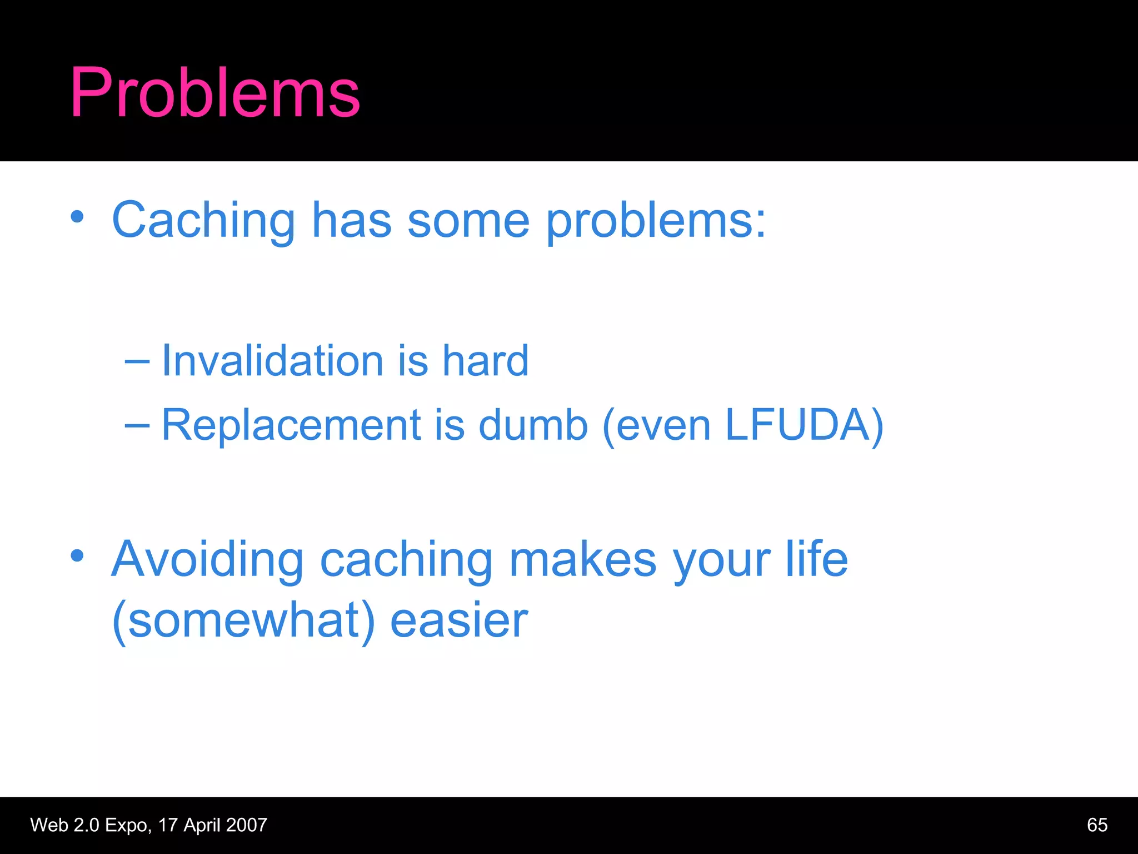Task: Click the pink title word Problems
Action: [215, 93]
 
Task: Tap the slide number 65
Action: [1097, 825]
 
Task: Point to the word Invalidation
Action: [272, 360]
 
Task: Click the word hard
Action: [485, 360]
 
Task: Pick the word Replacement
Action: [291, 425]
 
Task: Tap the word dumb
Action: [532, 425]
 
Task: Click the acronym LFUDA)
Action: [804, 425]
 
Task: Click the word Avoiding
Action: [207, 559]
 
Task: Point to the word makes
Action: [583, 559]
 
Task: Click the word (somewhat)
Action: [243, 621]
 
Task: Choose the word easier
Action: [459, 620]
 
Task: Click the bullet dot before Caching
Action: [77, 217]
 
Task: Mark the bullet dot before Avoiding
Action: [77, 555]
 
